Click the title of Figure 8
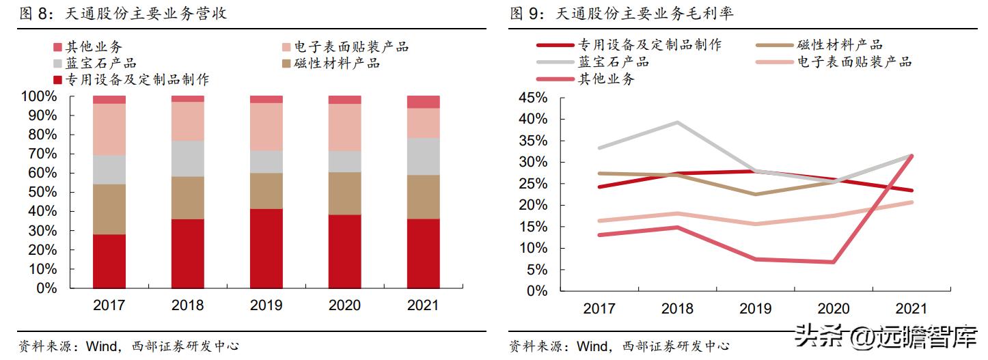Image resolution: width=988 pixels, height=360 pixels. coord(123,14)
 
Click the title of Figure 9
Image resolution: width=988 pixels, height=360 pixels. coord(621,14)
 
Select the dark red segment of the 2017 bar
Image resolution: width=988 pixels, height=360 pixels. coord(109,261)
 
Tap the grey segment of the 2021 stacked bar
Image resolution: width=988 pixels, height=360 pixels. coord(423,156)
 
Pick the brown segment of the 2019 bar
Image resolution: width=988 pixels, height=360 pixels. coord(266,191)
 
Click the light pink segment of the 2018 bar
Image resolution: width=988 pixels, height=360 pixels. coord(188,121)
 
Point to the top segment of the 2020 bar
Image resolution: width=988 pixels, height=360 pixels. coord(345,100)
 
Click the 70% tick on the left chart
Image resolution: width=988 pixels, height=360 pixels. coord(42,154)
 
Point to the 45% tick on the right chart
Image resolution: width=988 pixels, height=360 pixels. coord(533,98)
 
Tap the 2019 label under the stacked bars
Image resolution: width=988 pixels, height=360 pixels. coord(266,305)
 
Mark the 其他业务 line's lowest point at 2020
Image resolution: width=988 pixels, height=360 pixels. coord(833,262)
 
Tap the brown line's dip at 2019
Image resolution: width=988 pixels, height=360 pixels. coord(754,194)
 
